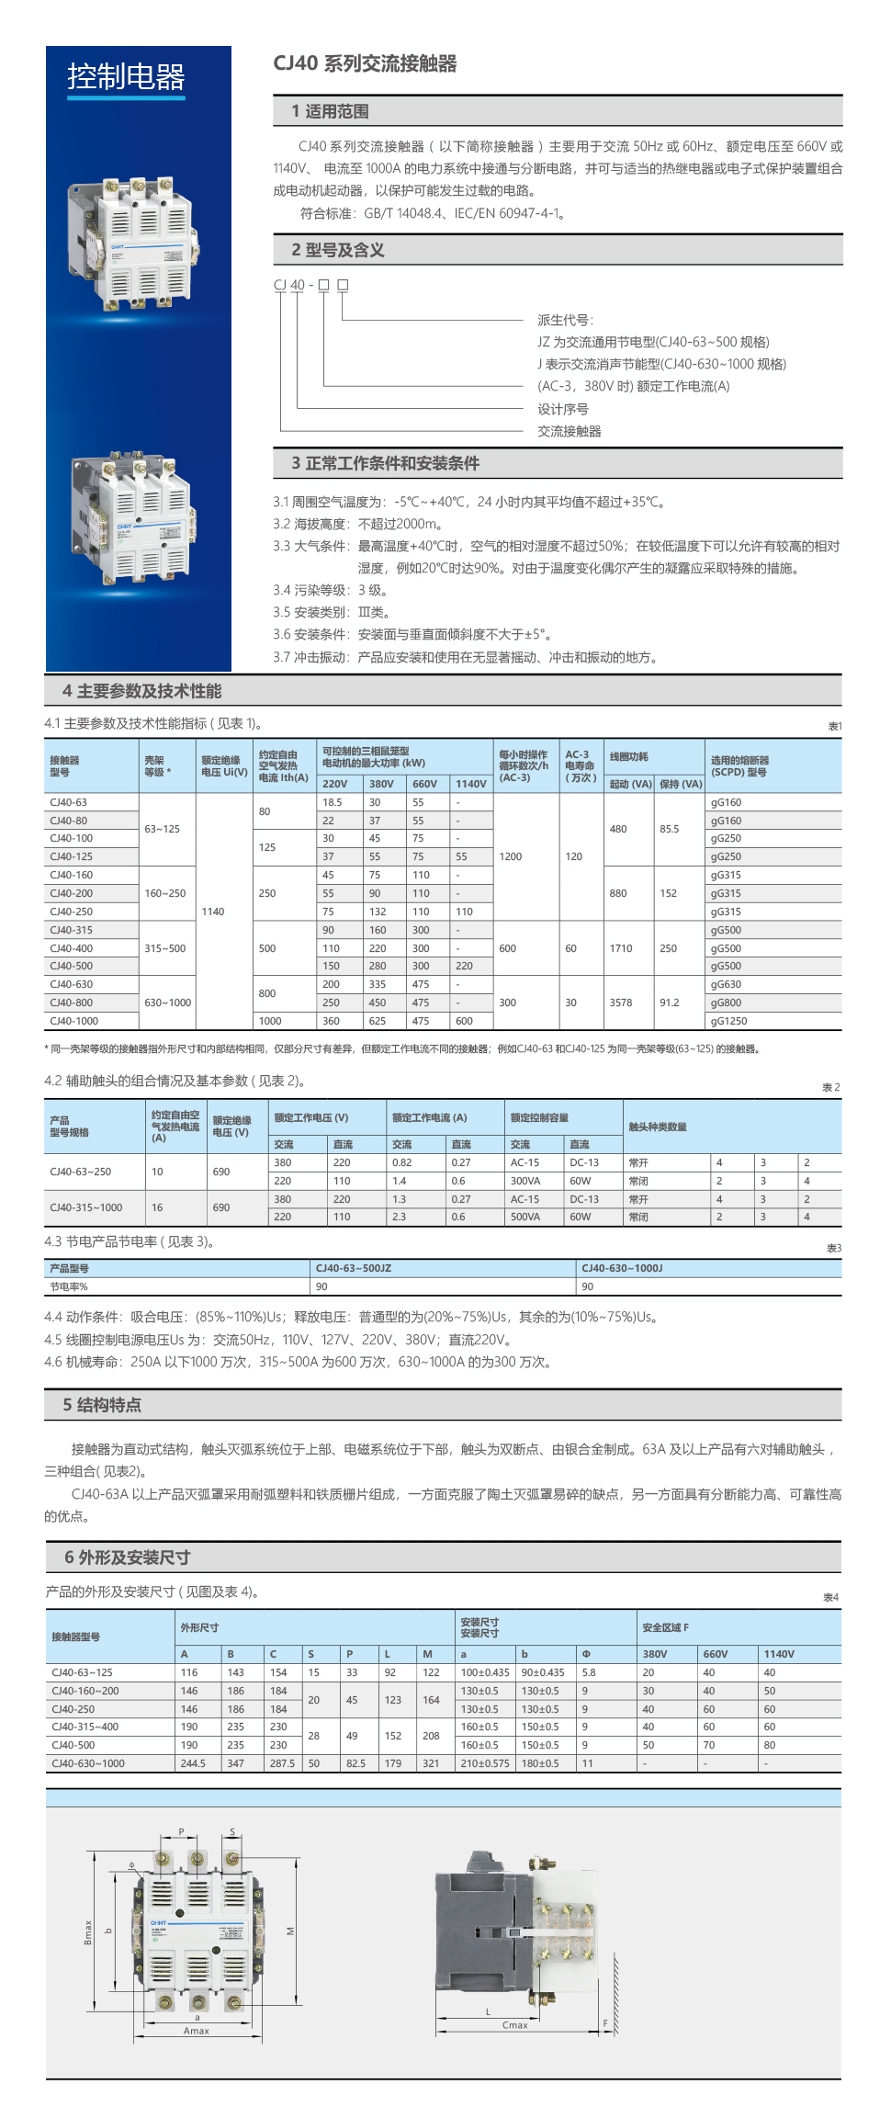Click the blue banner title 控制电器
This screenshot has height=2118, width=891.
point(126,77)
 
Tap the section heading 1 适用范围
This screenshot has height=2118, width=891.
point(330,111)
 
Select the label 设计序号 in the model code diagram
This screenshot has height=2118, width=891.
point(562,409)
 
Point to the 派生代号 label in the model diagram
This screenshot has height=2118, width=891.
point(565,320)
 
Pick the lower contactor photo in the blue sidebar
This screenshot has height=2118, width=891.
point(134,516)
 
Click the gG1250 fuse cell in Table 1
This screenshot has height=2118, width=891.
point(728,1021)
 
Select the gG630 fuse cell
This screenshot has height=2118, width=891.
point(726,984)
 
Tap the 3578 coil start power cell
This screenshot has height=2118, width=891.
point(621,1002)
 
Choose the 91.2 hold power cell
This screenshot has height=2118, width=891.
point(669,1002)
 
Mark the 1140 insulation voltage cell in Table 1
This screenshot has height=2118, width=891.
point(213,912)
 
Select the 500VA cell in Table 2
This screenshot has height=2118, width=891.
point(525,1217)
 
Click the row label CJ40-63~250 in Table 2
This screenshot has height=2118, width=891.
point(80,1172)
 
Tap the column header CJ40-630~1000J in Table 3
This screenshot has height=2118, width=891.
point(622,1268)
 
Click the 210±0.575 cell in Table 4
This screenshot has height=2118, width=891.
point(485,1763)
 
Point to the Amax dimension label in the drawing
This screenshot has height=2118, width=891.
point(197,2031)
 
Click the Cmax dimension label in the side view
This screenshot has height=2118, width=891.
point(515,2025)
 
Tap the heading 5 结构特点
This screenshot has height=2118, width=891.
point(102,1405)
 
